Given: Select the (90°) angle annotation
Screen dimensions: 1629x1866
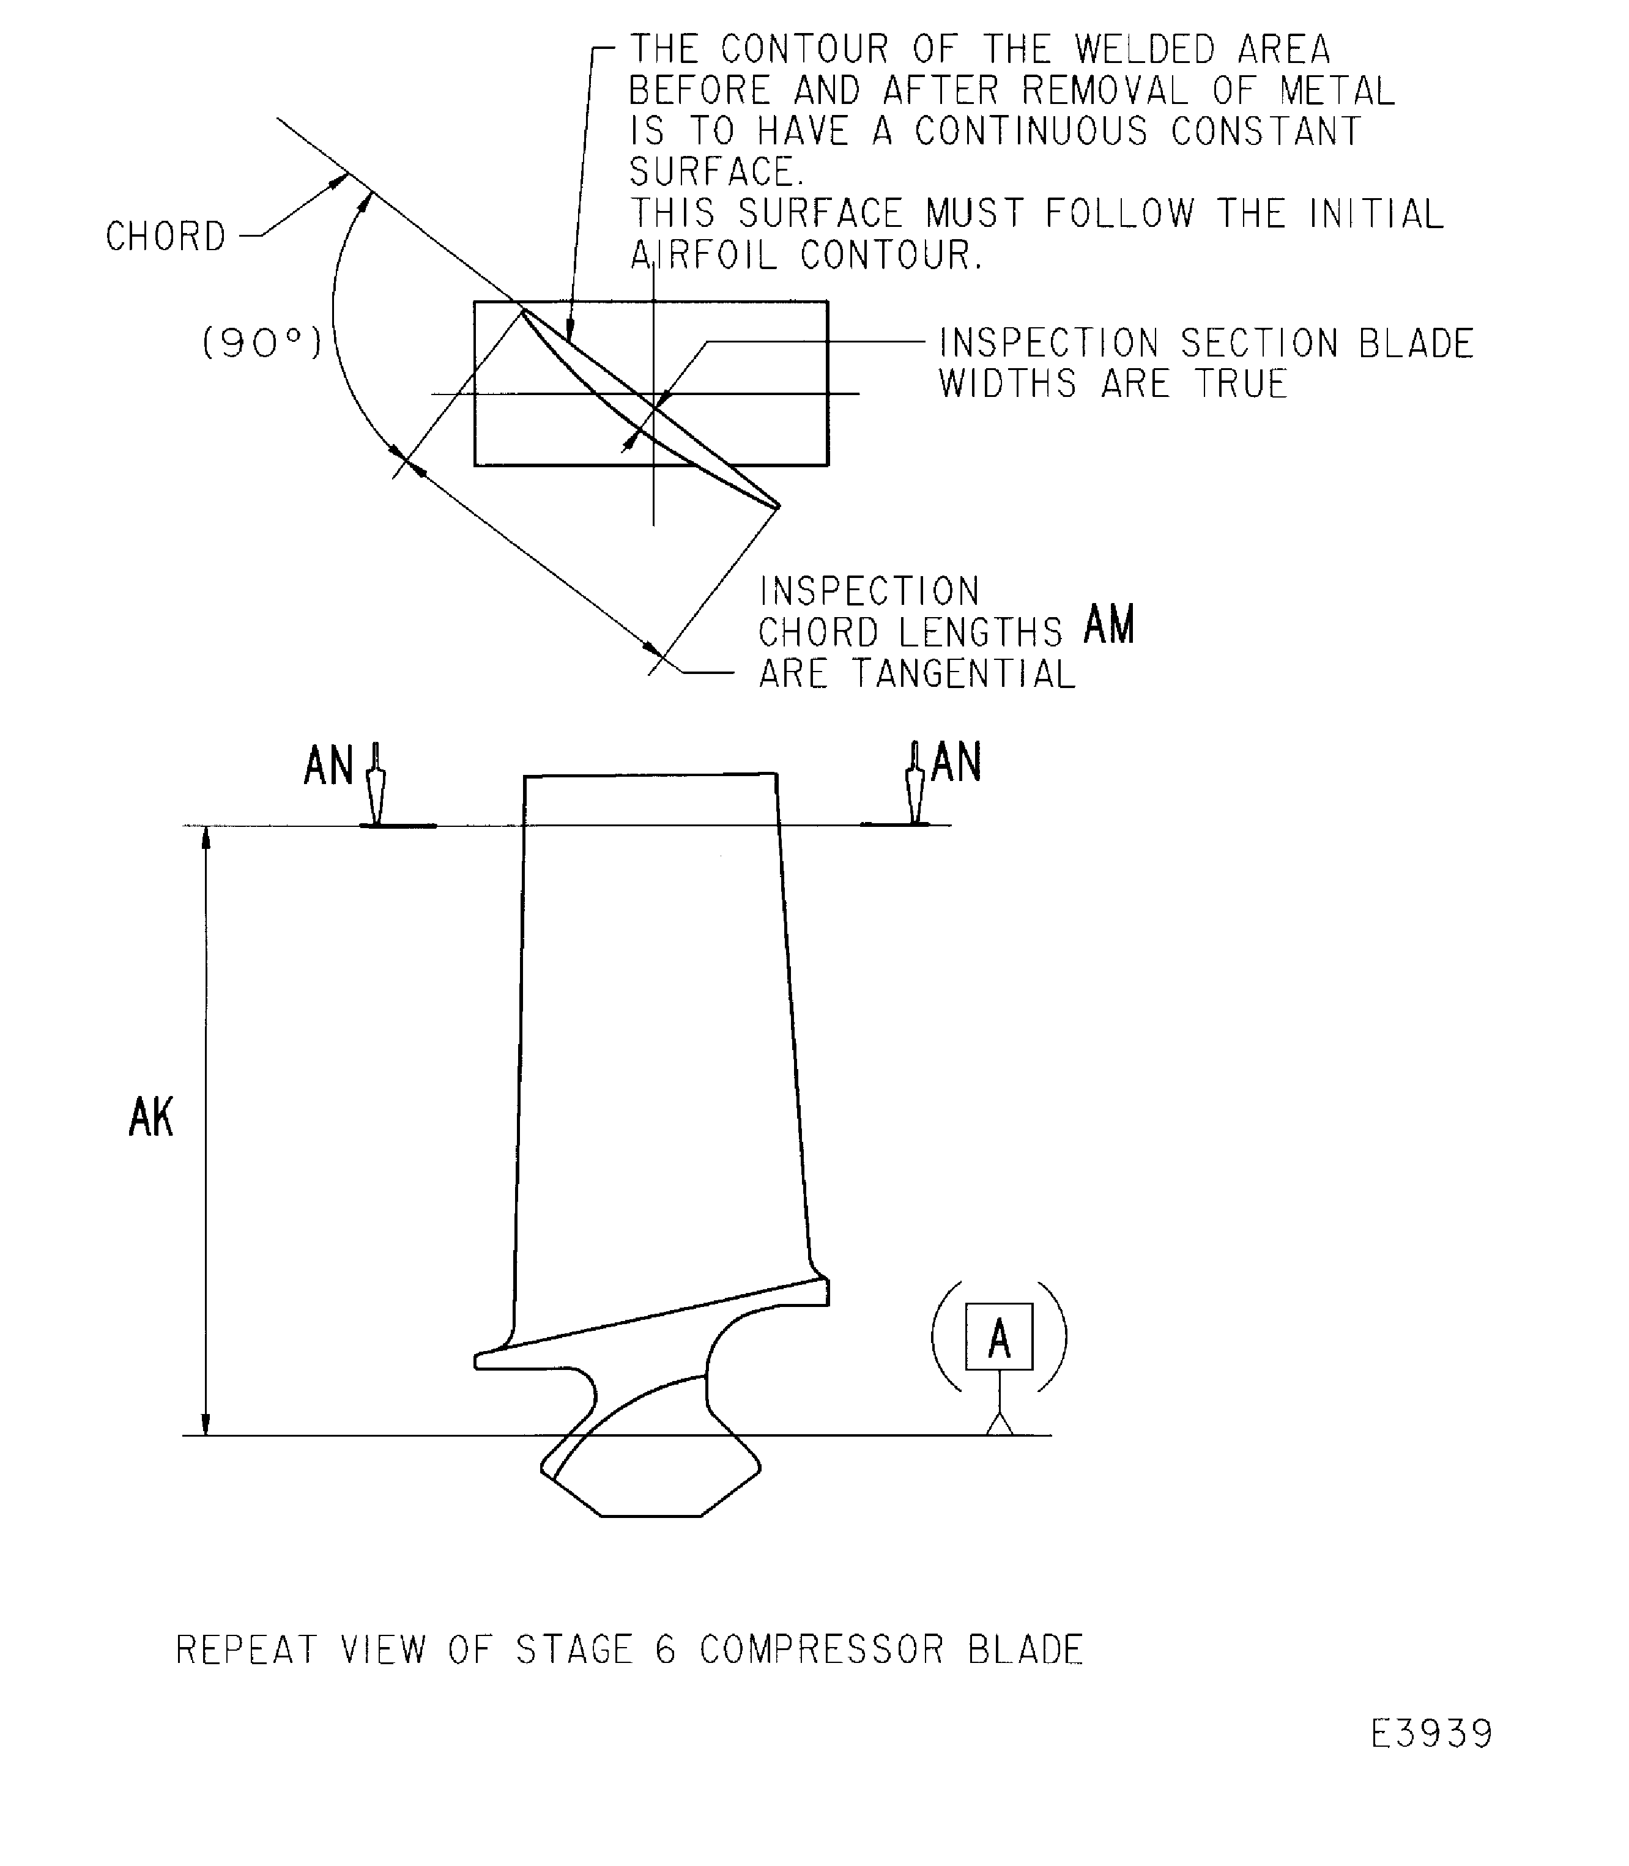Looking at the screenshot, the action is (x=262, y=342).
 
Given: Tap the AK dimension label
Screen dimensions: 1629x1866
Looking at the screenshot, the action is (x=151, y=1117).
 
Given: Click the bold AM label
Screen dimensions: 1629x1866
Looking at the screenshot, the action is (x=1110, y=624).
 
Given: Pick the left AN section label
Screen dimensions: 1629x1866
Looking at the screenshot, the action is (x=328, y=765).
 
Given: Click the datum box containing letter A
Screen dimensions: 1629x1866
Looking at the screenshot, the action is (x=999, y=1336).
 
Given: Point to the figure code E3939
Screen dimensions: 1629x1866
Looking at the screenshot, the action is (x=1432, y=1735).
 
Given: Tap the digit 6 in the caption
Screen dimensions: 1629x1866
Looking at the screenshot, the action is (x=666, y=1649).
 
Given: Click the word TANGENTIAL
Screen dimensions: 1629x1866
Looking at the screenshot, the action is (x=963, y=673).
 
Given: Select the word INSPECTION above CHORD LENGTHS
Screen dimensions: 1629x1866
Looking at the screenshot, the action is (x=869, y=591).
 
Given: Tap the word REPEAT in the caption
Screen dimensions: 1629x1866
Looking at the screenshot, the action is (x=247, y=1649).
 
